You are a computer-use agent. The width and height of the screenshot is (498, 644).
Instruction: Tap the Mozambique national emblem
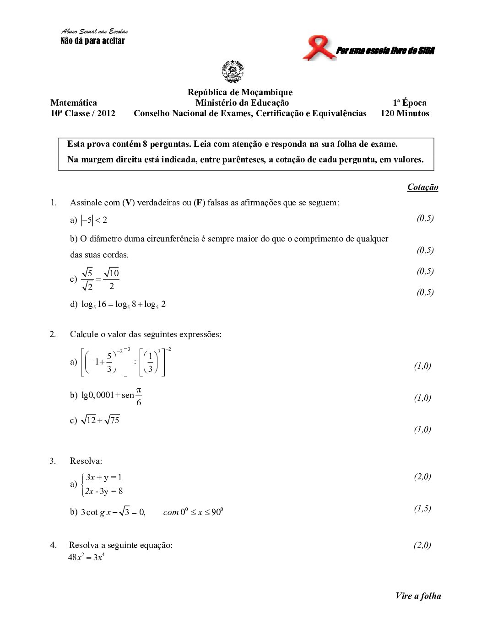(233, 72)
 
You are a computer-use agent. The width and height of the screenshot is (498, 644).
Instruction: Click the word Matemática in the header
(74, 103)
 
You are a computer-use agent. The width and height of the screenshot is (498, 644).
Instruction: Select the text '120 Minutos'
(405, 113)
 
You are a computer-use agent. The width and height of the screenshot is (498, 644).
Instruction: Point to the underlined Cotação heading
(422, 187)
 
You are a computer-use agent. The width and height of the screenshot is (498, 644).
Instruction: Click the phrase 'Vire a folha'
(418, 596)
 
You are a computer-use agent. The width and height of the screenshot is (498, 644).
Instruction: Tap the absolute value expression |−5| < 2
(94, 220)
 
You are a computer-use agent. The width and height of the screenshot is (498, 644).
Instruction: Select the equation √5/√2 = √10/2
(100, 279)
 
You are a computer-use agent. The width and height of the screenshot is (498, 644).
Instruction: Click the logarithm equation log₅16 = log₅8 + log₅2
(124, 305)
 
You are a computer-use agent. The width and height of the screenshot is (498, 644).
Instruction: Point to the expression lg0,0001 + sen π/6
(112, 395)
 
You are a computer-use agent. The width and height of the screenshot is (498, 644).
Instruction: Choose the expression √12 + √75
(100, 420)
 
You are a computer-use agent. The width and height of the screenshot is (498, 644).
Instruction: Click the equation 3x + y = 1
(104, 478)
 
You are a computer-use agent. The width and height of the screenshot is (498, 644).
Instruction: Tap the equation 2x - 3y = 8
(104, 491)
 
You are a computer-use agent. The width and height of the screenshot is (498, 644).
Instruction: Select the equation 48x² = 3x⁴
(87, 557)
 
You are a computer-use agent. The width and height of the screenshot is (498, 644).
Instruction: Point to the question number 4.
(54, 545)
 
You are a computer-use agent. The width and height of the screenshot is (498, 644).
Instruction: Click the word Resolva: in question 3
(86, 461)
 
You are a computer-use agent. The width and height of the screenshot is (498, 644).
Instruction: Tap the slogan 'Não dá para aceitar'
(92, 41)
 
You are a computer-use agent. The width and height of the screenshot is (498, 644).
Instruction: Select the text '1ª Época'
(409, 103)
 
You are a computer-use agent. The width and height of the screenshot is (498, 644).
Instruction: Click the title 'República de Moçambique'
(240, 92)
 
